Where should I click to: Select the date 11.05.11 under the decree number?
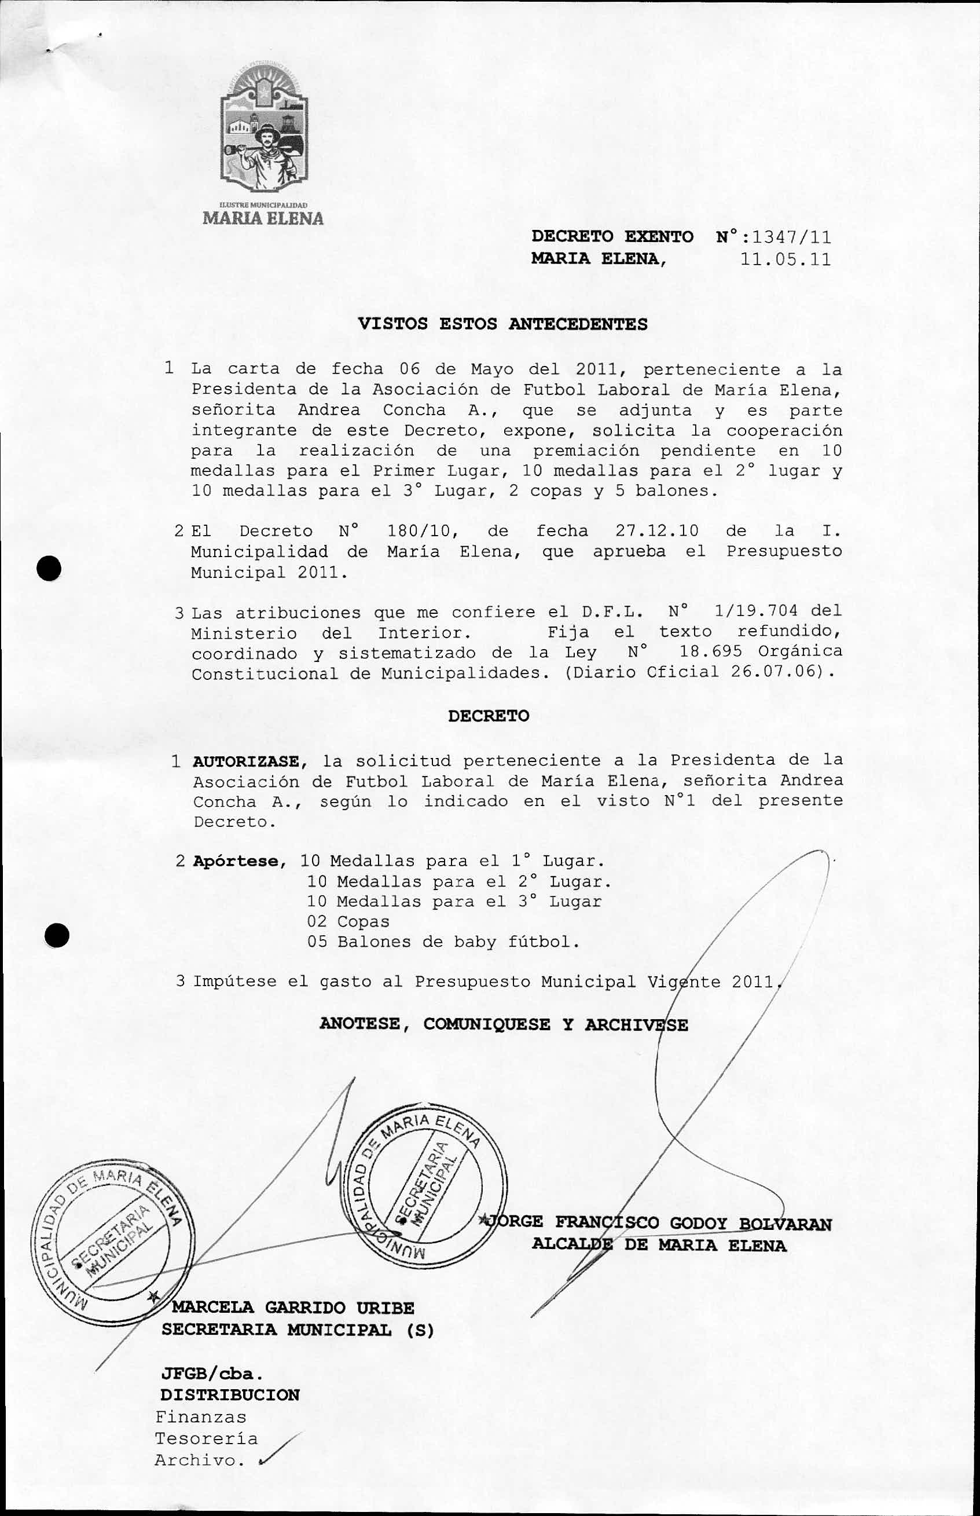786,259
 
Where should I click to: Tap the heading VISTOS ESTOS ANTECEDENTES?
502,324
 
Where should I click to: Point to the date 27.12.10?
657,531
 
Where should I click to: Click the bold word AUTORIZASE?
245,761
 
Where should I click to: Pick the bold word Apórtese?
236,862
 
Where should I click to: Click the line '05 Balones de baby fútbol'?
443,942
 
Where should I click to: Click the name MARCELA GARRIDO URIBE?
293,1308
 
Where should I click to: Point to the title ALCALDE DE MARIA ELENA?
659,1245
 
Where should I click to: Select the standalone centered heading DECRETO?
488,716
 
